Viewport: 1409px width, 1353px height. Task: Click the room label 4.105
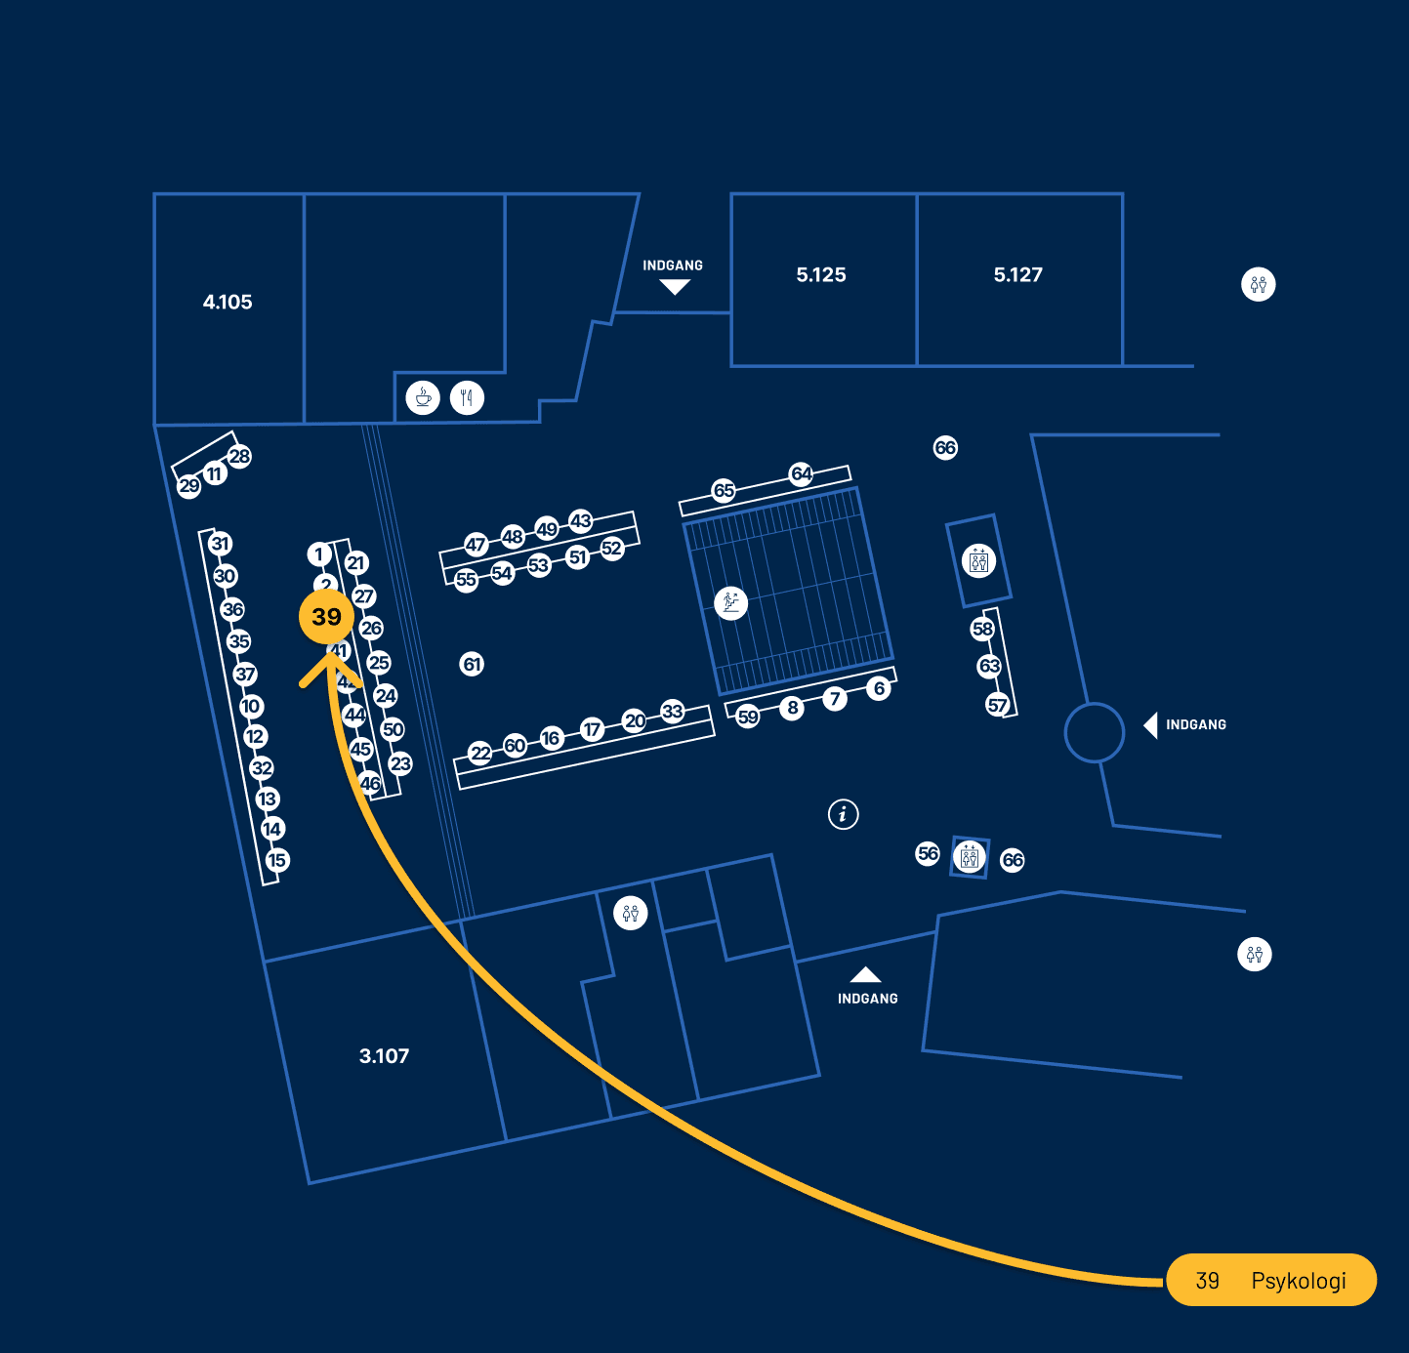click(228, 303)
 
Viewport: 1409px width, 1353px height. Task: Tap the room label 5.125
click(821, 275)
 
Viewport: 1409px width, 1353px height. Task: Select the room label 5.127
click(1018, 275)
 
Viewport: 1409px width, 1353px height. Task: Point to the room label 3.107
click(384, 1056)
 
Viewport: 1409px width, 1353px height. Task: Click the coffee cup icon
click(423, 397)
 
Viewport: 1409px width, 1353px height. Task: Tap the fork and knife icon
click(467, 397)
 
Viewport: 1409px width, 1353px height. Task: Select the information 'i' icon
click(844, 813)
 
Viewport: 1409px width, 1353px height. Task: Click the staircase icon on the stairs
click(730, 602)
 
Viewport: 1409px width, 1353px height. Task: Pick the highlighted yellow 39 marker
click(326, 617)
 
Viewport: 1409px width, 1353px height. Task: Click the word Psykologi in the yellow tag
click(1298, 1281)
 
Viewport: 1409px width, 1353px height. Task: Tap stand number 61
click(473, 665)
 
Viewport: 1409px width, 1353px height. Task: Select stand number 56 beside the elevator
click(928, 853)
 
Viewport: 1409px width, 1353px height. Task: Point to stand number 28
click(239, 456)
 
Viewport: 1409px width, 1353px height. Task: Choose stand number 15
click(277, 860)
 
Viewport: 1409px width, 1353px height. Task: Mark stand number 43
click(581, 520)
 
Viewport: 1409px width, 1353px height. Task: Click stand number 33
click(673, 711)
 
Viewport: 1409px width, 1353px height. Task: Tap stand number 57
click(997, 705)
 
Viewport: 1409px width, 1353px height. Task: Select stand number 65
click(724, 490)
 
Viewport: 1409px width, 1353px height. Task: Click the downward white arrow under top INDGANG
click(675, 287)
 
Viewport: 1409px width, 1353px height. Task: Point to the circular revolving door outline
click(1095, 732)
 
